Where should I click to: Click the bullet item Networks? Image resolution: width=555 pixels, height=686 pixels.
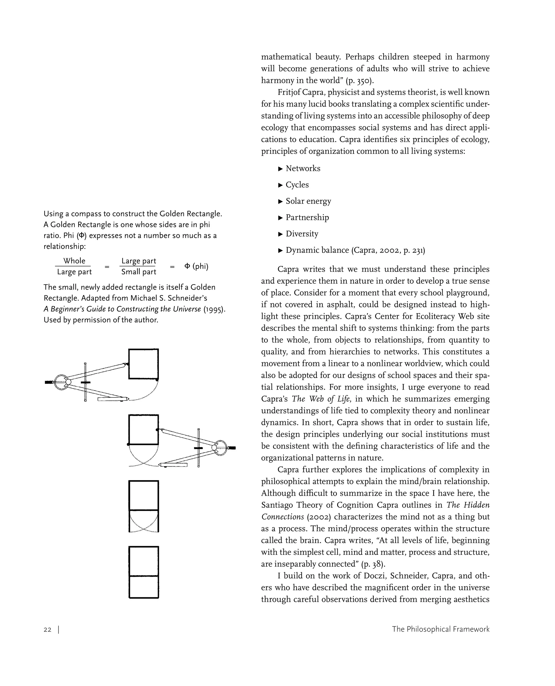[x=302, y=169]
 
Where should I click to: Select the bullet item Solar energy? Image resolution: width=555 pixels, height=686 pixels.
[x=308, y=201]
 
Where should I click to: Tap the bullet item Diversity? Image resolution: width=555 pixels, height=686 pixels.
[x=302, y=234]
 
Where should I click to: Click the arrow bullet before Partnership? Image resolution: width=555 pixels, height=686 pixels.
[x=281, y=218]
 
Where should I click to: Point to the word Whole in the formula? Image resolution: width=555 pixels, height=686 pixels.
[x=74, y=261]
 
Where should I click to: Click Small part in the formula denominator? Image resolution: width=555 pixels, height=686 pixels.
[x=138, y=272]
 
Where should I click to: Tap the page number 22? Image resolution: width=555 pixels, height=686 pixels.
[x=47, y=630]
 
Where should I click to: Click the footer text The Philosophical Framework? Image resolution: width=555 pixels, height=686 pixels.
[x=441, y=629]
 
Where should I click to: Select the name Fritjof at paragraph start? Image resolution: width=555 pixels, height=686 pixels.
[x=289, y=92]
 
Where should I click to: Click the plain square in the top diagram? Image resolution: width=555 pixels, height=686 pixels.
[x=144, y=364]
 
